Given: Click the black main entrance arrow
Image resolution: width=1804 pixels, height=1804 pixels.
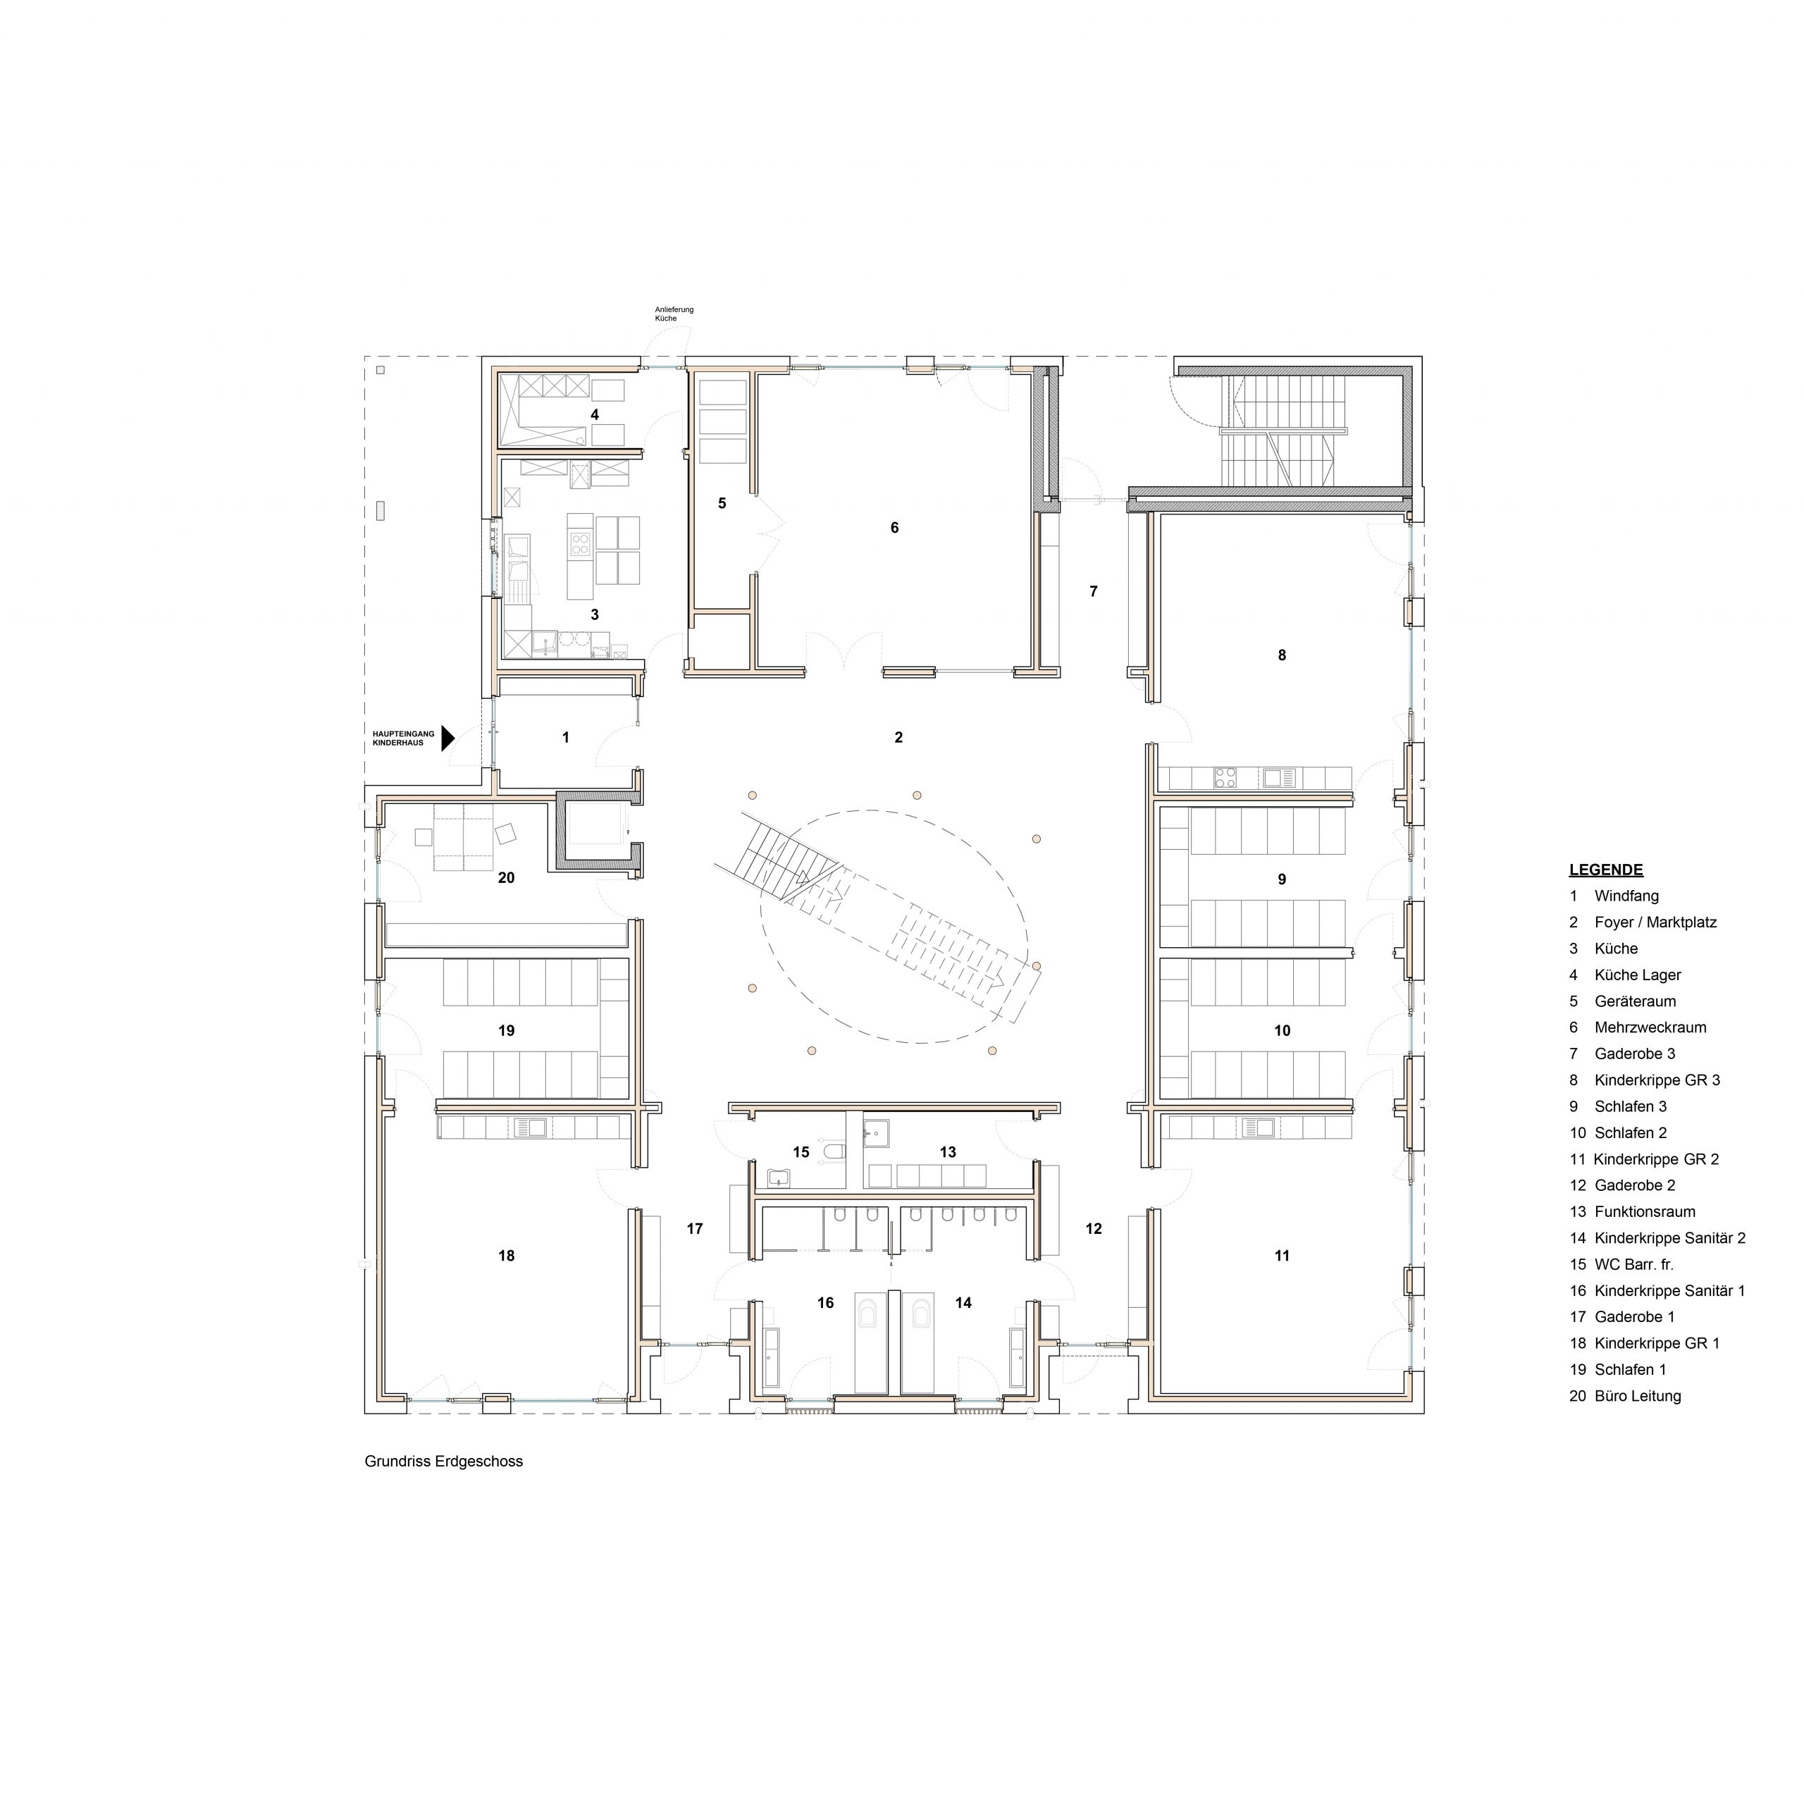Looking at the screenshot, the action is click(447, 739).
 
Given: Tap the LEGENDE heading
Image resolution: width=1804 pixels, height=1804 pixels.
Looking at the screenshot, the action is click(1606, 870).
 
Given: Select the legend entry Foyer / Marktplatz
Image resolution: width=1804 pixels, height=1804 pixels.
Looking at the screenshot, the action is click(1643, 922).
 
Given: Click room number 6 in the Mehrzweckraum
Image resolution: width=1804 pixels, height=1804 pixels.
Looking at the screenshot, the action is click(894, 528).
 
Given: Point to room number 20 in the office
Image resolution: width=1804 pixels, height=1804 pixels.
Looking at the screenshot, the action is click(506, 878).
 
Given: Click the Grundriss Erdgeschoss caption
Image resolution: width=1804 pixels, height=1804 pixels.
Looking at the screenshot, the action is click(443, 1462).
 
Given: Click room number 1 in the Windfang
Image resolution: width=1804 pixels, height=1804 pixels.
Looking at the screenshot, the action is click(566, 738).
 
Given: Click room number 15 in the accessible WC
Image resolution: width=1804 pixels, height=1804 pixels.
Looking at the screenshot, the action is click(801, 1152).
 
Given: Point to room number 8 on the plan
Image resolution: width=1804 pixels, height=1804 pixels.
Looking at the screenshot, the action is click(1282, 655).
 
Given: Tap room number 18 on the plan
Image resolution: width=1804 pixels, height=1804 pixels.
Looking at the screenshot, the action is click(506, 1256).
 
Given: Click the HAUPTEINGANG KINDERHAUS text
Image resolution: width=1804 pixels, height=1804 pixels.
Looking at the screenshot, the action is click(403, 739).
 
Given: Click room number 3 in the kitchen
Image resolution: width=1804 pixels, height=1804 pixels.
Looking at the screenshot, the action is click(595, 614).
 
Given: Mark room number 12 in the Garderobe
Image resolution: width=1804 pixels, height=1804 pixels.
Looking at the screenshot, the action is click(1094, 1229).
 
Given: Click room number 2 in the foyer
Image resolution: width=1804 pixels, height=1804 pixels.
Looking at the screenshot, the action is click(898, 738).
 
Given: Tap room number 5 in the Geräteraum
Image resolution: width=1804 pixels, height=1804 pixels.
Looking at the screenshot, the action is click(722, 503).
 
